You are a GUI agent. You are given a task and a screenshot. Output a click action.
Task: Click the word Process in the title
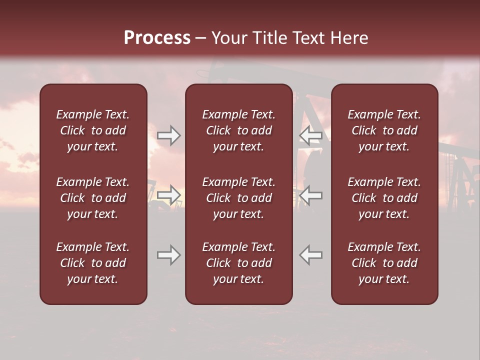[157, 38]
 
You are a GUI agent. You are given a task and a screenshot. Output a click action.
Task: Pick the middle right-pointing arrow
[169, 194]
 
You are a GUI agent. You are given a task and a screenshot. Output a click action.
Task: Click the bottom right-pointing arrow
[169, 255]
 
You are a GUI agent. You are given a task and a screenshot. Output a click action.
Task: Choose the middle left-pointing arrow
[310, 194]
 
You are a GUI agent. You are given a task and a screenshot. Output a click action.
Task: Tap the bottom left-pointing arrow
[310, 255]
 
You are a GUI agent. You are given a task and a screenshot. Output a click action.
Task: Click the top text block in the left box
[93, 130]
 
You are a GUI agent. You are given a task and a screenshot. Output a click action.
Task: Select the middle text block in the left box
[93, 198]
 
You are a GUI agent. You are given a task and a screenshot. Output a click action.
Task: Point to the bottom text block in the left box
[93, 263]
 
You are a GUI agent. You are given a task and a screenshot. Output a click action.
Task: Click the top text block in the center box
[238, 130]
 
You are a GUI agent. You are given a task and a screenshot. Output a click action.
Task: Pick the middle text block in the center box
[238, 198]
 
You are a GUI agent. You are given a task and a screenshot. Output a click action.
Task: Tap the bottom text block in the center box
[238, 263]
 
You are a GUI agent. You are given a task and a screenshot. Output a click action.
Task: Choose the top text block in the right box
[384, 130]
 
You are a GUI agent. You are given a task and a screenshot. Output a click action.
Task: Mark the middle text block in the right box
[384, 198]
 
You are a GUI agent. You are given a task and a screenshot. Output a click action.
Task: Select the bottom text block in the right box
[384, 263]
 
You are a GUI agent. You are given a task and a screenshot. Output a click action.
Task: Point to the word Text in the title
[310, 38]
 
